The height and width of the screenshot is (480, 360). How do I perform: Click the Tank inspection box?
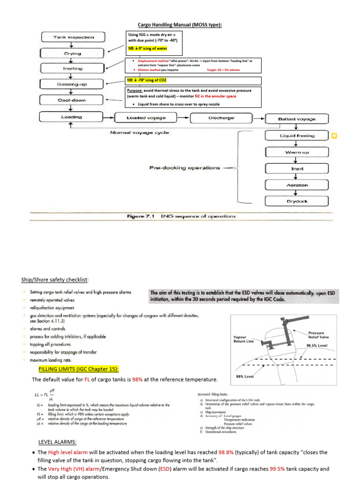(x=73, y=37)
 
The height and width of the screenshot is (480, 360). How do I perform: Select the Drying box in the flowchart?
(x=72, y=53)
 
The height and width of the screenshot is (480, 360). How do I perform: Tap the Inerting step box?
(x=72, y=68)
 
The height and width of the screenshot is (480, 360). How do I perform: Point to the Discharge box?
(x=221, y=118)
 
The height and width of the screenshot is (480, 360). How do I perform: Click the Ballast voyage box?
(x=296, y=119)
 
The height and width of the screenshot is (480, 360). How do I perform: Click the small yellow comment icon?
(x=334, y=136)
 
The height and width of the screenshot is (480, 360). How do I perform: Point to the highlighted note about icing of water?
(x=147, y=48)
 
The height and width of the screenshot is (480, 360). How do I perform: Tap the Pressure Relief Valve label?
(x=319, y=334)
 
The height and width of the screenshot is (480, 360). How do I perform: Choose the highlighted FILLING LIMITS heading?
(x=79, y=369)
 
